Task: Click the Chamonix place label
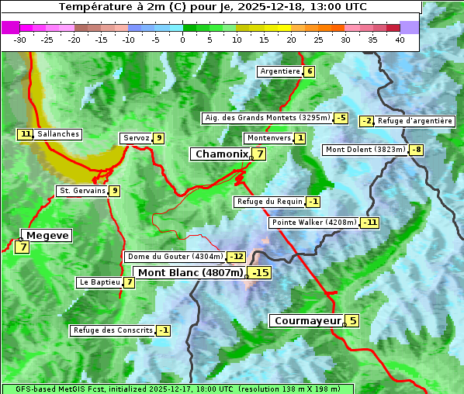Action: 221,154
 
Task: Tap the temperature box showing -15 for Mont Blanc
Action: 260,273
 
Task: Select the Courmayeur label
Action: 307,321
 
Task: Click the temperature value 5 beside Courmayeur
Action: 352,320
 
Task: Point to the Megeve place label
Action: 47,236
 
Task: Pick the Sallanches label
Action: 58,134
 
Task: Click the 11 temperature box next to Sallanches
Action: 26,134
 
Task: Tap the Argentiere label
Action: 280,71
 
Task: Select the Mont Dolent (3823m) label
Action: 365,150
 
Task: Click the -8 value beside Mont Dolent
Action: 417,150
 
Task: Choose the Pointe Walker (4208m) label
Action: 313,223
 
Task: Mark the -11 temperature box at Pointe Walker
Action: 370,223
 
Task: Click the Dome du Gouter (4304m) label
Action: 175,257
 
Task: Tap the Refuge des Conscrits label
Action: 112,330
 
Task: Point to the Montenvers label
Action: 268,138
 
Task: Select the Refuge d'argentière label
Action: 415,121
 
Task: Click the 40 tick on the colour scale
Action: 400,40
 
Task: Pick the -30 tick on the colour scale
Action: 20,40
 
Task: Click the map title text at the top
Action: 213,7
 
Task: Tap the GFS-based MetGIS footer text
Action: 177,389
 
